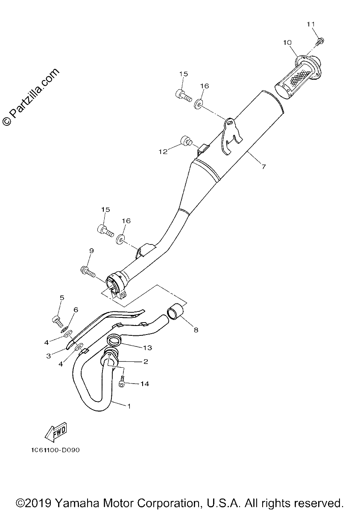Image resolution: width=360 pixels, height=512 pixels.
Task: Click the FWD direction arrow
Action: (56, 431)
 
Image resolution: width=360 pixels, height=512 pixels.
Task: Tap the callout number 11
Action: (310, 24)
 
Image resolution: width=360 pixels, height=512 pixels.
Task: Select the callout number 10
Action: (287, 43)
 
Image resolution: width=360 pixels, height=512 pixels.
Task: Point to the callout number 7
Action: (264, 167)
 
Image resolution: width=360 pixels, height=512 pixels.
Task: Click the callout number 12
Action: (163, 152)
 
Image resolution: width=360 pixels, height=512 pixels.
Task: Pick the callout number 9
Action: (91, 251)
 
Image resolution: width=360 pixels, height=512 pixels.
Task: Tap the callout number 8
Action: (196, 330)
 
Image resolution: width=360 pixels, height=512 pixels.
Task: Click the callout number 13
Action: (147, 348)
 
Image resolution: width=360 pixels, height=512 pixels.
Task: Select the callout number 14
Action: (144, 384)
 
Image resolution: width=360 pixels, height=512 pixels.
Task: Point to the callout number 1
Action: (129, 406)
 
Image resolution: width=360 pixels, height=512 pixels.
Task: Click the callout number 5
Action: (62, 298)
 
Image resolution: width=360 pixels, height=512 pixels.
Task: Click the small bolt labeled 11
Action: (320, 41)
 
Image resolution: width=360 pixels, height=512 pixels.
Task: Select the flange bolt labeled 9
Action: (88, 271)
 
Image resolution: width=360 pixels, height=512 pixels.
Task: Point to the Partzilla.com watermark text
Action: (31, 97)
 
